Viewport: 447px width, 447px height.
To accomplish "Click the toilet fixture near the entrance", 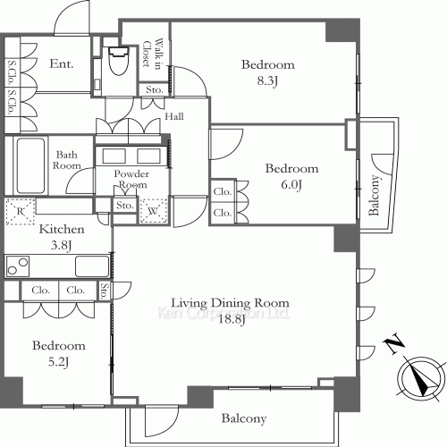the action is pos(119,61).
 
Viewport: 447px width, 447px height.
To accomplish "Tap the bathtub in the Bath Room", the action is pos(30,165).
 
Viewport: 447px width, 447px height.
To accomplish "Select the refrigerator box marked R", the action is pos(20,211).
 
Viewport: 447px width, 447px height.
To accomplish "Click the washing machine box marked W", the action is pos(153,211).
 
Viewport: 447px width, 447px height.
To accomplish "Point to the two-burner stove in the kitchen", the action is pos(18,266).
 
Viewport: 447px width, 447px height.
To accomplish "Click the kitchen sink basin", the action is pos(92,266).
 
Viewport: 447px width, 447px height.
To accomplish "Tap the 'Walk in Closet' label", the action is pos(152,54).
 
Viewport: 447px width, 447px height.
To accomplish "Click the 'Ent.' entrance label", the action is pos(62,63).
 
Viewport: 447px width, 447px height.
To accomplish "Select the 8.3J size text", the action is pos(267,80).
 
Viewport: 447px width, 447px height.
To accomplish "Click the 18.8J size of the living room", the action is pos(232,320).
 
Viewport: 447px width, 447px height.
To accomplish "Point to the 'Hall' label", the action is pos(174,116).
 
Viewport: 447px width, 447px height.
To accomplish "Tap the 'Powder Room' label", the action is pos(131,179).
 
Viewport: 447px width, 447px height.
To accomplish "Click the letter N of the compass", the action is pos(394,343).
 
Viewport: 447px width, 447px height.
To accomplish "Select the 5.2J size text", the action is pos(59,362).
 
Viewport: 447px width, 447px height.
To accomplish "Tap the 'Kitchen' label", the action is pos(62,229).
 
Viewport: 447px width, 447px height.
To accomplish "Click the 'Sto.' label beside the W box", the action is pos(124,206).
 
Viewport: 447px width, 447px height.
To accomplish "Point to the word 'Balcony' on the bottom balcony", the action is pos(244,418).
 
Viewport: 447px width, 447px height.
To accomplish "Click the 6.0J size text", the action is pos(291,185).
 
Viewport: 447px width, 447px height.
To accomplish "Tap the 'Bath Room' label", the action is pos(67,160).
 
